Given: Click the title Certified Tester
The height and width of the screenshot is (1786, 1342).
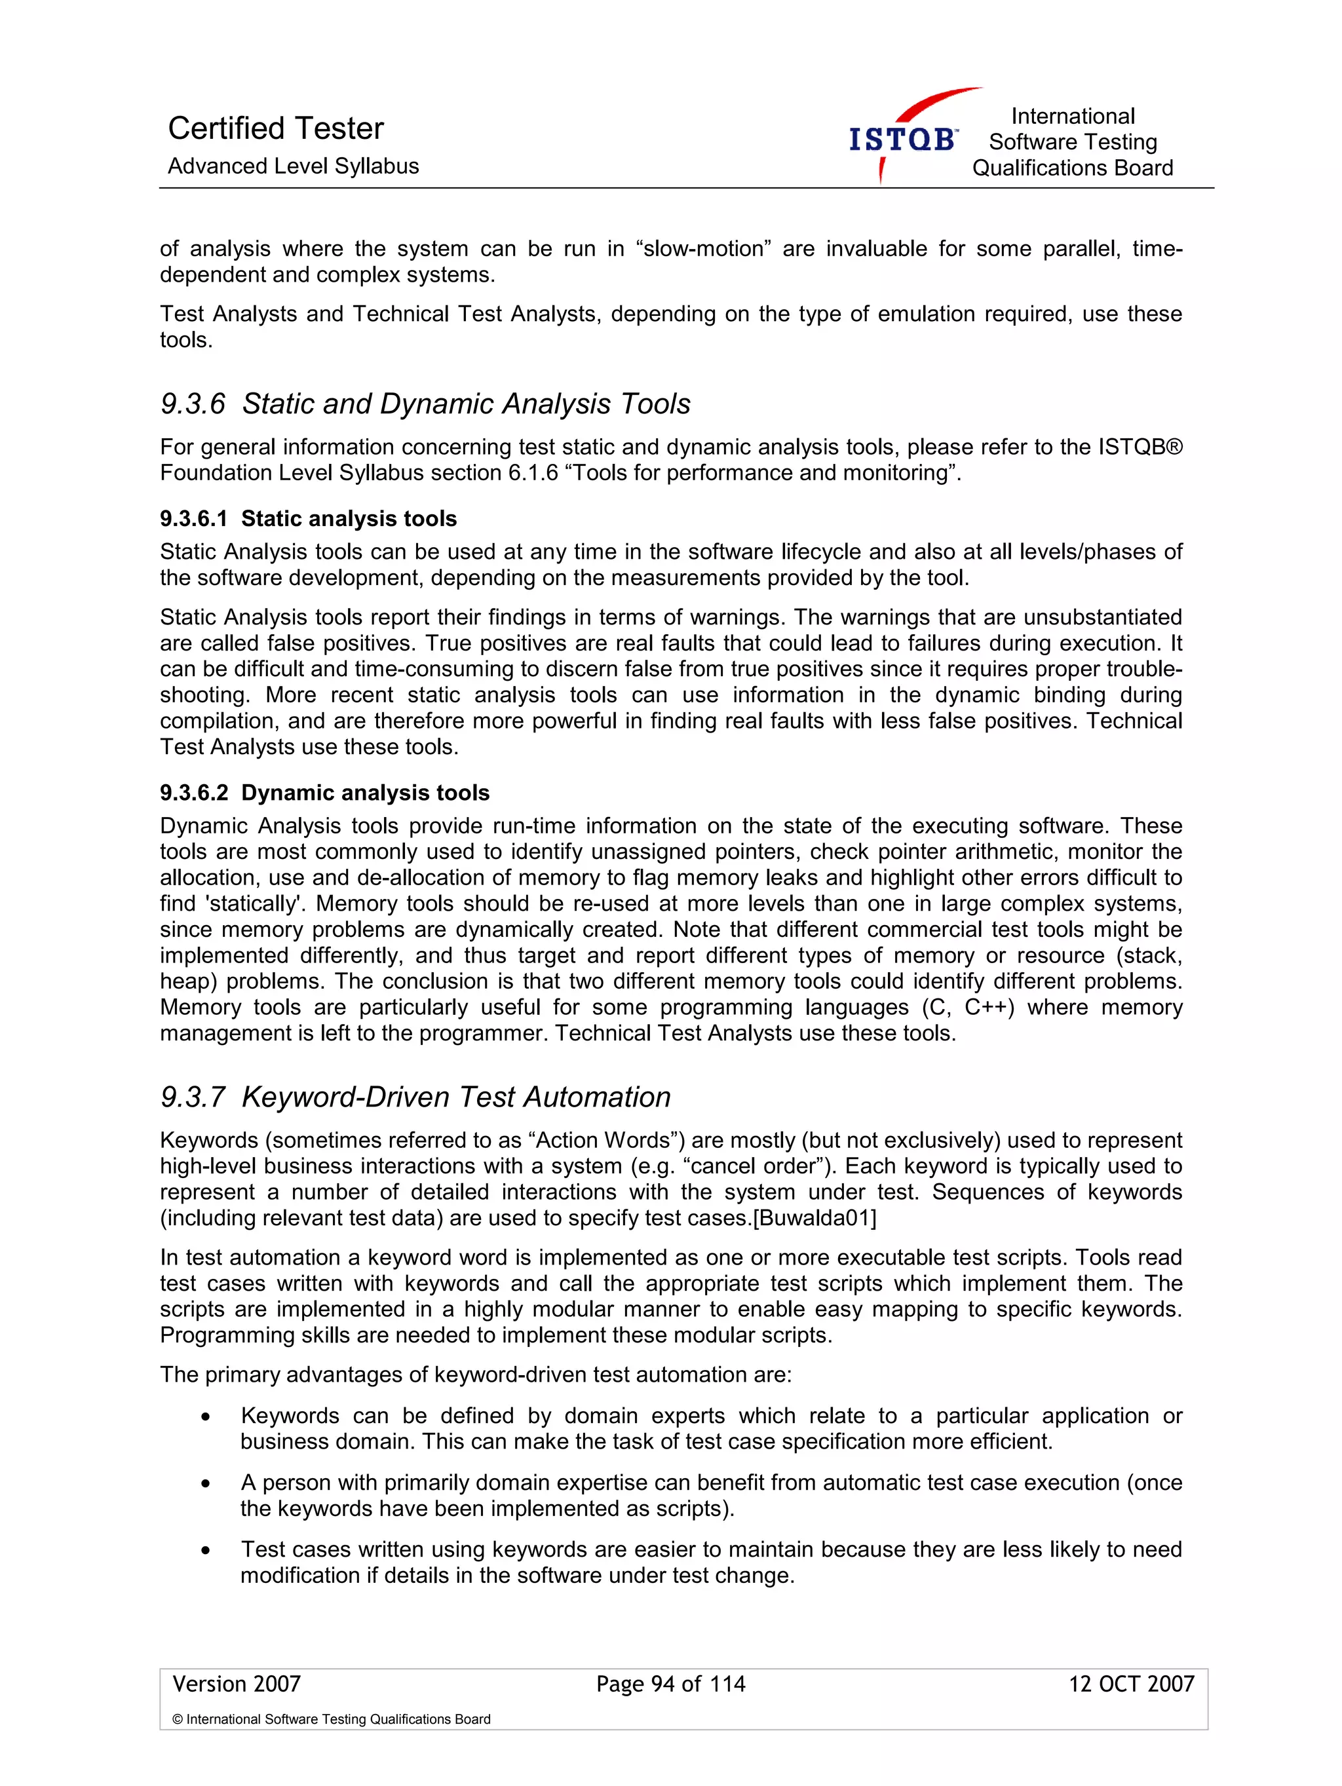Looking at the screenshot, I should click(275, 128).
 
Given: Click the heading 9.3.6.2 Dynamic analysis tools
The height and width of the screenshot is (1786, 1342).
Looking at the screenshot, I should click(324, 793).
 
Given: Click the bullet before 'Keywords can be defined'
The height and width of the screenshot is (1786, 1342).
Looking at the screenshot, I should click(206, 1417).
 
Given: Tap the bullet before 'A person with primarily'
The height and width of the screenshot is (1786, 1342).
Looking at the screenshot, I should click(206, 1484).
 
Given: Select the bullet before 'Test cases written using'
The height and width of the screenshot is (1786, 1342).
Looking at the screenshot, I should click(206, 1551).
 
